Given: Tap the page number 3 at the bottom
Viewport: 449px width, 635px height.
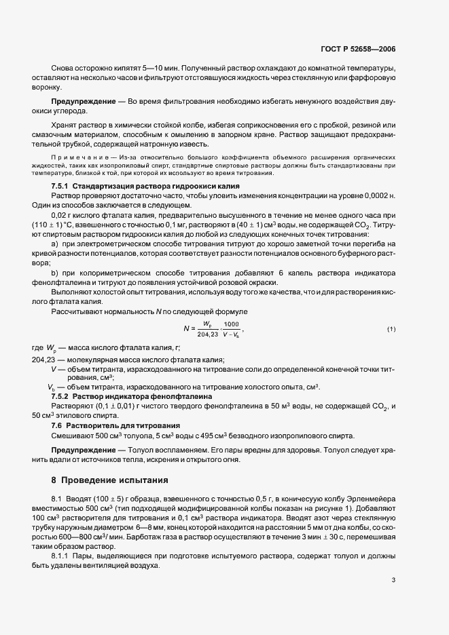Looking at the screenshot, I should coord(393,561).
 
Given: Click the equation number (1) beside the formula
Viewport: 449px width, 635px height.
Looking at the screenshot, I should coord(391,330).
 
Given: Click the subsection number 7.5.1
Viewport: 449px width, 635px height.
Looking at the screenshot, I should coord(63,186).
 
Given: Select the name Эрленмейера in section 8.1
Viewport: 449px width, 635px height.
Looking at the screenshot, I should coord(372,499).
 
